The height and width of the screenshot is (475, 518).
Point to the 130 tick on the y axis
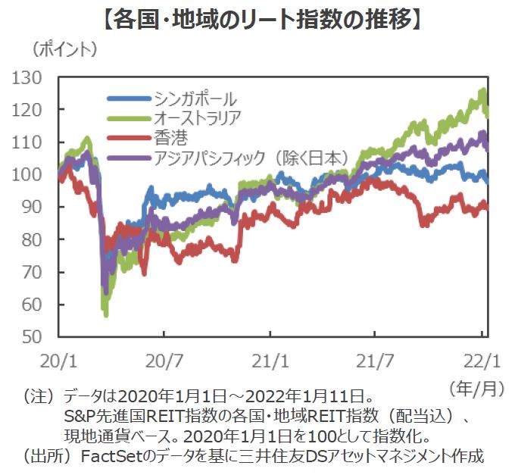33,78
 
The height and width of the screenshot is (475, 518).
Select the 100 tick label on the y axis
33,175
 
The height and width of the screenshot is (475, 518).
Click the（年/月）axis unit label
476,389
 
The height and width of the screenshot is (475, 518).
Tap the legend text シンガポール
195,98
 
